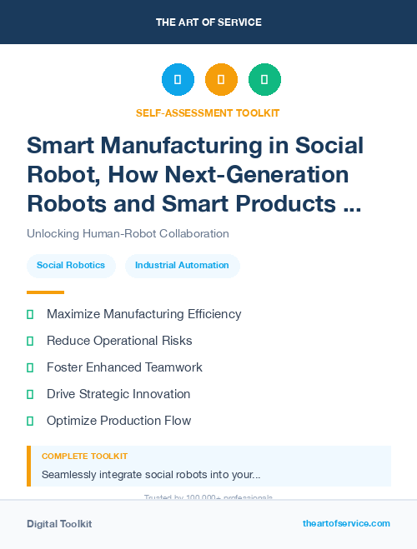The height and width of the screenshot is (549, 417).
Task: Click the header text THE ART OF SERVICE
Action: [208, 22]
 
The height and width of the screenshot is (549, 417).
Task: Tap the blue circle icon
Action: [178, 80]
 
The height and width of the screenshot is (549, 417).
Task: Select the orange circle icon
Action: [221, 80]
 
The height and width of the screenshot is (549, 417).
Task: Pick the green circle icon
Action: [264, 80]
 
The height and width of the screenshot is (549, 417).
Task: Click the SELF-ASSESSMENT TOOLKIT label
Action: [208, 112]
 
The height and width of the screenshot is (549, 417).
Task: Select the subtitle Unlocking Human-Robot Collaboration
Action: [128, 233]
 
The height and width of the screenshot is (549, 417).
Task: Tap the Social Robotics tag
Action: [71, 266]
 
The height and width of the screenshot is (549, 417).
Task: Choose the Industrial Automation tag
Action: [182, 266]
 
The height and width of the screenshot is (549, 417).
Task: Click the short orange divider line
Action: [45, 292]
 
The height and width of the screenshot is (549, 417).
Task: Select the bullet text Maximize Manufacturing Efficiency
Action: [143, 314]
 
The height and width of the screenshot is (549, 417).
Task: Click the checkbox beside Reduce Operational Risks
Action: [30, 341]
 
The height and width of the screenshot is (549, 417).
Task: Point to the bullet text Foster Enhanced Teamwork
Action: [124, 367]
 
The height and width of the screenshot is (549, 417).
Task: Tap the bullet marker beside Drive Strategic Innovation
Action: [30, 394]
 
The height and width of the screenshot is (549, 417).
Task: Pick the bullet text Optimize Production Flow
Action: [118, 421]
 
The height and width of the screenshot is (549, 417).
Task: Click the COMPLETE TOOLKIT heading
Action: [84, 457]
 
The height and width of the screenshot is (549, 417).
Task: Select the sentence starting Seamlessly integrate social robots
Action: [151, 475]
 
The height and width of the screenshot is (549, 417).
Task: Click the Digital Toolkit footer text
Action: [59, 524]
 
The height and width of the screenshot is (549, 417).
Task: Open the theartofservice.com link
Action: [346, 523]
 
